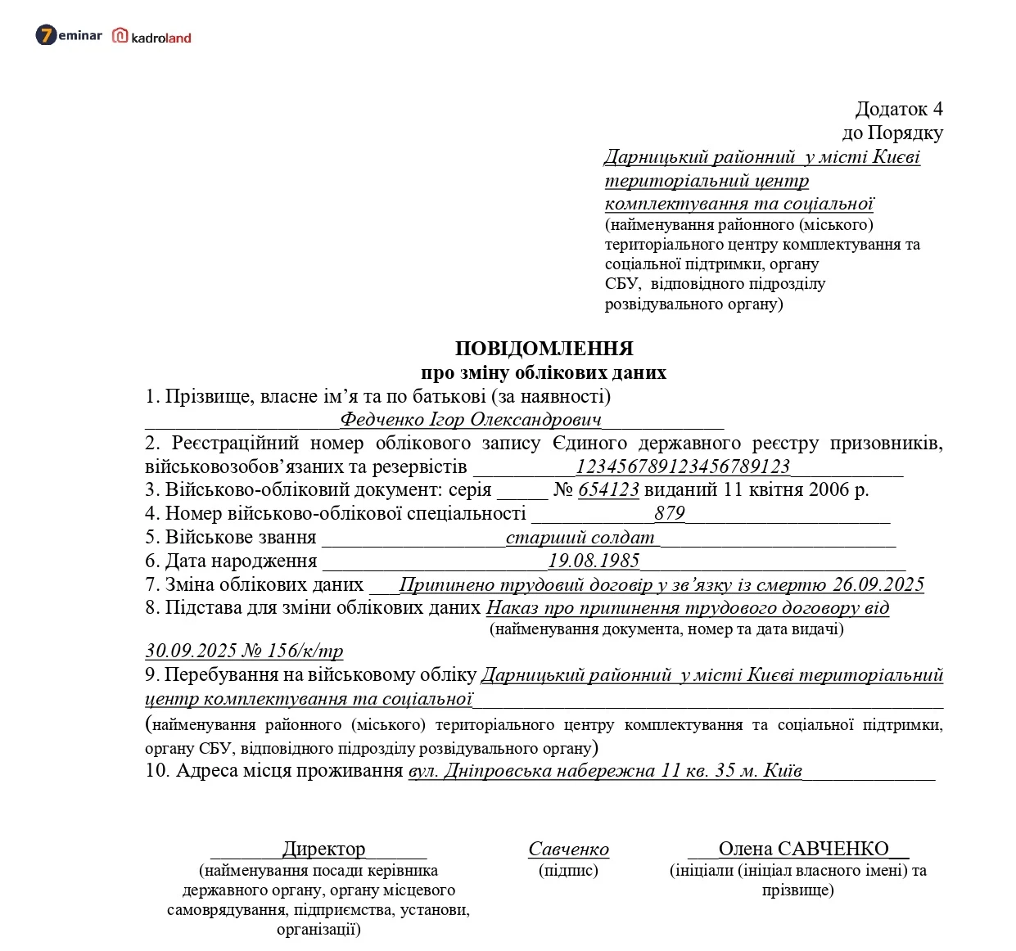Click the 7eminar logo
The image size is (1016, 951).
pyautogui.click(x=69, y=35)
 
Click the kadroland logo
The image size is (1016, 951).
pyautogui.click(x=152, y=37)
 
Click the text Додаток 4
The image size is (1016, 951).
pyautogui.click(x=898, y=109)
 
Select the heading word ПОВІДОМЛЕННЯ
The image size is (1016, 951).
pyautogui.click(x=544, y=349)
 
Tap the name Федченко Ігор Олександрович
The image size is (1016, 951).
pyautogui.click(x=470, y=420)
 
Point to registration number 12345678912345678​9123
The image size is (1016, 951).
pyautogui.click(x=683, y=466)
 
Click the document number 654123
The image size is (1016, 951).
pyautogui.click(x=608, y=490)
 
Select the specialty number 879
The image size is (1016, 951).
pyautogui.click(x=669, y=513)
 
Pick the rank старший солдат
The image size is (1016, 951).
pyautogui.click(x=580, y=538)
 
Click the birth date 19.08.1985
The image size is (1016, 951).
pyautogui.click(x=594, y=561)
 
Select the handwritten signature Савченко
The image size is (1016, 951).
pyautogui.click(x=568, y=850)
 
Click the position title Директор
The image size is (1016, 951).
pyautogui.click(x=323, y=849)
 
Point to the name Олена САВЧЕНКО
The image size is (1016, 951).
pyautogui.click(x=803, y=849)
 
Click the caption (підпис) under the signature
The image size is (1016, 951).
pyautogui.click(x=568, y=870)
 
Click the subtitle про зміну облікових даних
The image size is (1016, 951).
pyautogui.click(x=544, y=373)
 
